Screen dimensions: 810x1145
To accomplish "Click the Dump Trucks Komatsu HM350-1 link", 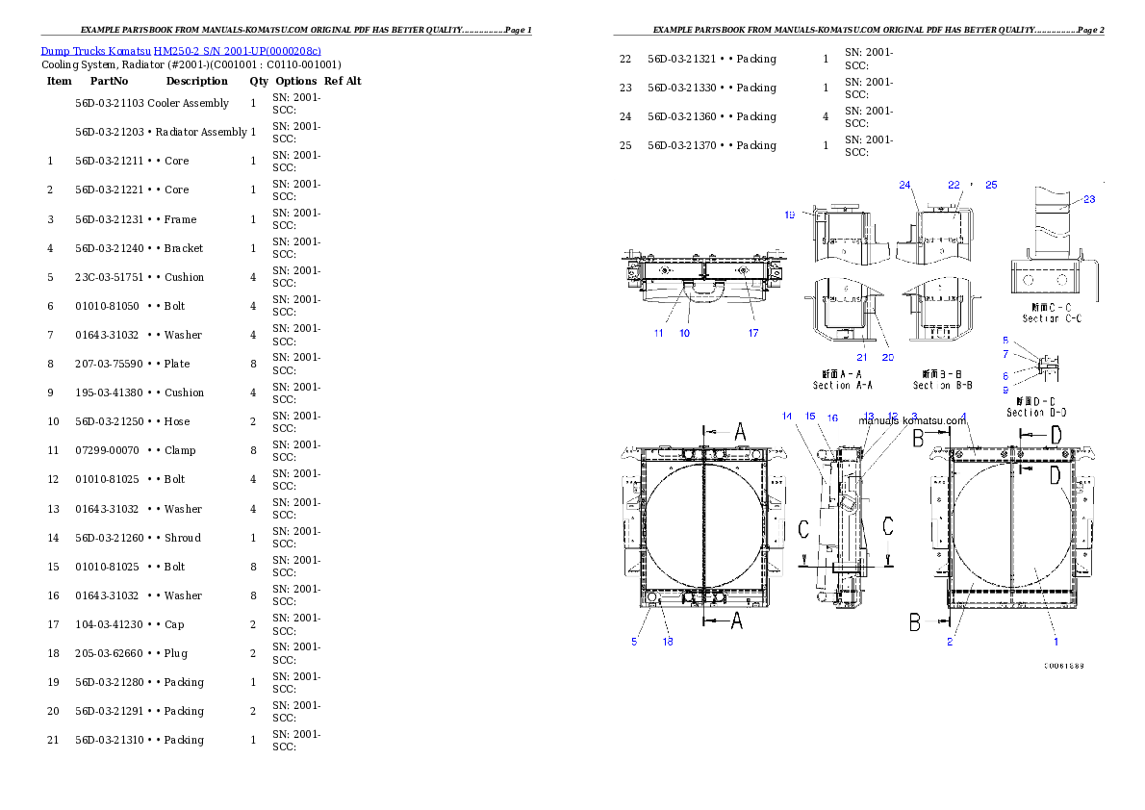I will click(181, 50).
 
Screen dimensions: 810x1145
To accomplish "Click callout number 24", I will click(904, 185).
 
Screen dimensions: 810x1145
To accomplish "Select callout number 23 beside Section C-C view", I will click(1089, 200).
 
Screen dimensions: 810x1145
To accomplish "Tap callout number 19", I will click(789, 215).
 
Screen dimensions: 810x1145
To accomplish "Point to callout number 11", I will click(658, 333).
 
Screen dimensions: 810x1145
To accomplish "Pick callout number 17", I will click(753, 333).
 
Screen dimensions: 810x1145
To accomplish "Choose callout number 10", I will click(684, 333).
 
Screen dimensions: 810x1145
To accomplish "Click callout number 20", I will click(887, 357).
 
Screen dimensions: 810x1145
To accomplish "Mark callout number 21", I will click(862, 357).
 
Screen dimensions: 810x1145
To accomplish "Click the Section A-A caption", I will click(844, 379).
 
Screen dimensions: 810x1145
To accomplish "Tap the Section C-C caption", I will click(1052, 312).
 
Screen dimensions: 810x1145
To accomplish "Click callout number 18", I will click(667, 642).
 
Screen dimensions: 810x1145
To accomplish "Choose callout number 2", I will click(949, 642).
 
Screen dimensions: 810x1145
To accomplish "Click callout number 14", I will click(787, 417).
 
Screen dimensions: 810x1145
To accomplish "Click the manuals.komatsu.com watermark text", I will click(912, 420).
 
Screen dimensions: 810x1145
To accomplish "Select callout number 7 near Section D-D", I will click(1005, 354).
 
